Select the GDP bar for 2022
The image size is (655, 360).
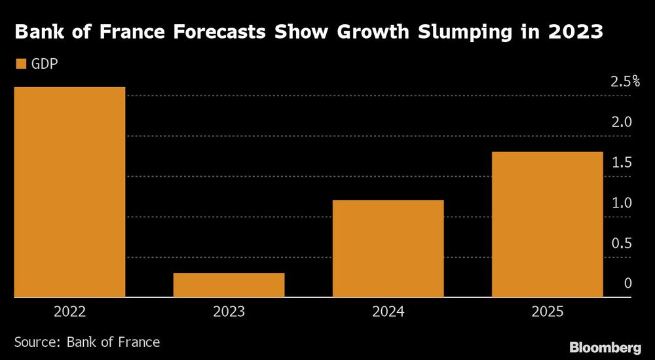(x=69, y=192)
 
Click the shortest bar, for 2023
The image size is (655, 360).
(x=229, y=285)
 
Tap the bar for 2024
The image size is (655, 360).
(x=388, y=249)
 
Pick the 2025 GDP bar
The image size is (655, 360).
(x=547, y=225)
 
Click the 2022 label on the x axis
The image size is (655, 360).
(x=69, y=312)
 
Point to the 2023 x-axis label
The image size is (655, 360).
(x=229, y=312)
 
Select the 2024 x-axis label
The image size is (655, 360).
(x=388, y=312)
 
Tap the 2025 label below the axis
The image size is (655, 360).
(x=547, y=312)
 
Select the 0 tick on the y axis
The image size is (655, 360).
(x=627, y=284)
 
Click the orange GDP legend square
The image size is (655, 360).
(x=20, y=64)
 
